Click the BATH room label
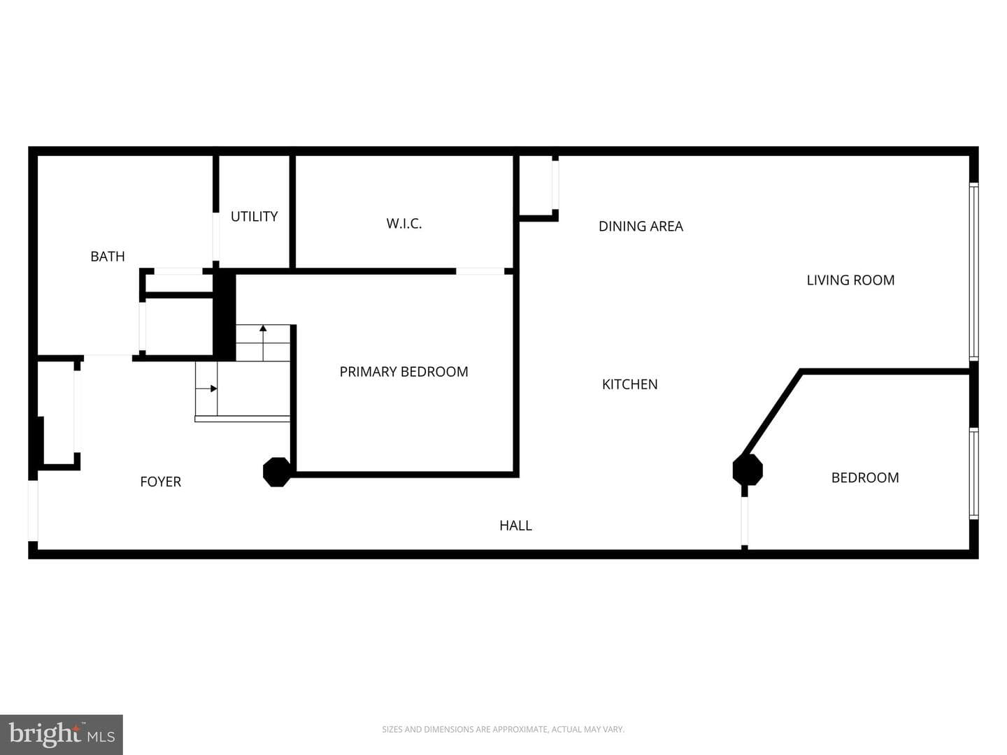click(x=108, y=257)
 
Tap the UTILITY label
click(x=254, y=217)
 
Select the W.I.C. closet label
click(x=403, y=223)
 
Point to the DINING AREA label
click(x=641, y=226)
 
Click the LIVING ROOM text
click(x=850, y=280)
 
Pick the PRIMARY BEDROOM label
click(x=403, y=372)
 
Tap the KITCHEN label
click(x=630, y=384)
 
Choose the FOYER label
click(x=161, y=482)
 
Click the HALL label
click(x=515, y=525)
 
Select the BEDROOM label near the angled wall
click(x=865, y=477)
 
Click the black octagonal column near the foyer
click(x=277, y=472)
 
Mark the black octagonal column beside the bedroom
click(x=748, y=470)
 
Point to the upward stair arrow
click(x=263, y=343)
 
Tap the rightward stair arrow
click(x=206, y=389)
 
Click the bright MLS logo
click(x=62, y=735)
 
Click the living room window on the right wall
click(x=973, y=271)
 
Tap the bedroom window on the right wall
click(x=973, y=473)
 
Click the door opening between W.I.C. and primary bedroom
click(x=480, y=271)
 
